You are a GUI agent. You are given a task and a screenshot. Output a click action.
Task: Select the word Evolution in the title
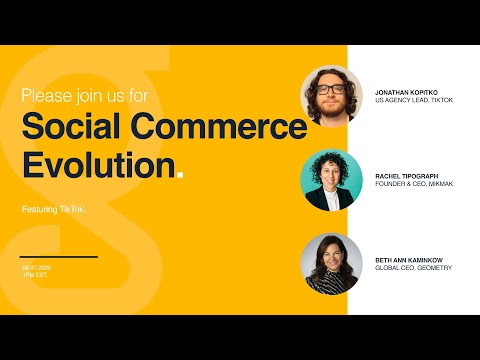pyautogui.click(x=96, y=165)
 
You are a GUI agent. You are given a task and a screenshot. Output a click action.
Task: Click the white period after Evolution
pyautogui.click(x=179, y=175)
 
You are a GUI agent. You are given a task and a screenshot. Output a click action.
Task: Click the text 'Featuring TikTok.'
pyautogui.click(x=53, y=209)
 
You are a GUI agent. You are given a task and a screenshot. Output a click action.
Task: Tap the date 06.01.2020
pyautogui.click(x=36, y=267)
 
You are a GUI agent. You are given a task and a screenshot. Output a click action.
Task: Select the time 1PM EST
pyautogui.click(x=34, y=275)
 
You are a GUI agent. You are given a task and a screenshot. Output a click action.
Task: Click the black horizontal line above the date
pyautogui.click(x=59, y=257)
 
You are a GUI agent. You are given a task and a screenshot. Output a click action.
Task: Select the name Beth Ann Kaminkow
pyautogui.click(x=408, y=259)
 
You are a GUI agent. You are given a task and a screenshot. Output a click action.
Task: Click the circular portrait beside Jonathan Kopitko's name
pyautogui.click(x=331, y=95)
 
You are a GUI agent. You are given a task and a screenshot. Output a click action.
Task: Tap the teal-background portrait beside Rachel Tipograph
pyautogui.click(x=331, y=180)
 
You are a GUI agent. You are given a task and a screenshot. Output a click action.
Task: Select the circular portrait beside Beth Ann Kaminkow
pyautogui.click(x=331, y=263)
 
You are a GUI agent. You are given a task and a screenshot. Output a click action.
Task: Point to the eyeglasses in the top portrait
pyautogui.click(x=331, y=89)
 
